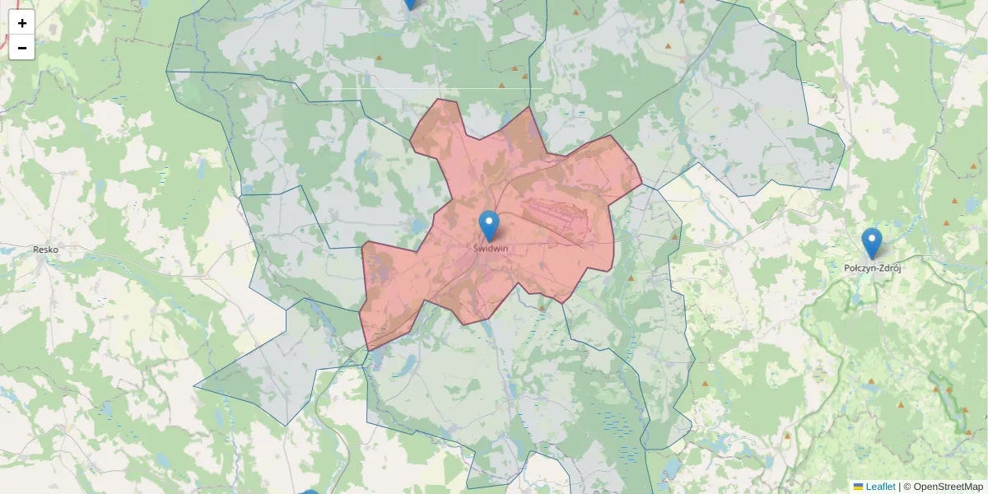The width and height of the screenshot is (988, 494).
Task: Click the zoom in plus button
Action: tap(22, 23)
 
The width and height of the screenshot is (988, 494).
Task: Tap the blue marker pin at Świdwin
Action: tap(489, 223)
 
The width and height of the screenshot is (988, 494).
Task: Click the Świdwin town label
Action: tap(491, 247)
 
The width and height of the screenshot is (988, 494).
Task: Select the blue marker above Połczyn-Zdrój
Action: tap(872, 241)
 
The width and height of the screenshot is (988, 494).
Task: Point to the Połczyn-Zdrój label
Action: tap(874, 268)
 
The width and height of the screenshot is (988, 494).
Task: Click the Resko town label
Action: tap(45, 249)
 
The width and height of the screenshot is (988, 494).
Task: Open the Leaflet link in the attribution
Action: tap(880, 487)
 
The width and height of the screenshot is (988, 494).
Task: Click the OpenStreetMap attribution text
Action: tap(948, 487)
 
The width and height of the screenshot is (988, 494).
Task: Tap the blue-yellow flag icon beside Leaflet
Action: tap(858, 487)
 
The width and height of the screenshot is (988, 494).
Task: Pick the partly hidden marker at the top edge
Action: tap(410, 3)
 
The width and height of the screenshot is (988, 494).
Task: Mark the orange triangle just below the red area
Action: tap(542, 308)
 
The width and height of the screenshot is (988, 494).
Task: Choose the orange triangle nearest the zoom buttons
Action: tap(380, 58)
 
